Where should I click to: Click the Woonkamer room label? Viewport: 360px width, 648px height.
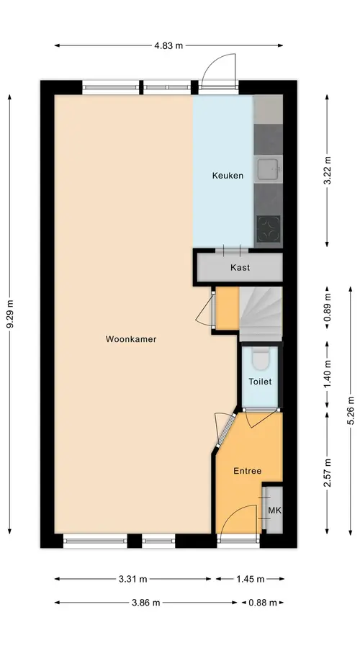(131, 339)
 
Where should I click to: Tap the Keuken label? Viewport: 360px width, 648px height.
(228, 176)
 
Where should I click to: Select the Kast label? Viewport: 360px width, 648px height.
(240, 267)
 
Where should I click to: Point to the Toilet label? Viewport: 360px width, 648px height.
(260, 382)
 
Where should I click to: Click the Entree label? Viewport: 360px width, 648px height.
(248, 471)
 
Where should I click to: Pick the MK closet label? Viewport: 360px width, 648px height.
(274, 510)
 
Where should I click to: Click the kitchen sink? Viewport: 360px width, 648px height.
(269, 169)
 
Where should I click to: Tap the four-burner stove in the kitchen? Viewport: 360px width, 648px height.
(269, 229)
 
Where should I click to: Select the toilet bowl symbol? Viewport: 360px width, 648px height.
(260, 359)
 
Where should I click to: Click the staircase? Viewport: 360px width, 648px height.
(261, 314)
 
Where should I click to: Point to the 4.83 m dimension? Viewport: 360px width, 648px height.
(168, 45)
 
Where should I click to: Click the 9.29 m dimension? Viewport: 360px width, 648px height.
(10, 314)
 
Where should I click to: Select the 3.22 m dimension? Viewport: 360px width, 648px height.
(327, 171)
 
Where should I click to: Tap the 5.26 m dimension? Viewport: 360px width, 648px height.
(351, 411)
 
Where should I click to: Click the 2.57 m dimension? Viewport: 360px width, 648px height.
(327, 473)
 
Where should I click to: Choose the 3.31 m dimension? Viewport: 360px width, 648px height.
(132, 579)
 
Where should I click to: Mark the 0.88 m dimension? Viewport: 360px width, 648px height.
(263, 603)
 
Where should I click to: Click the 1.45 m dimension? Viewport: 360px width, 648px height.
(250, 579)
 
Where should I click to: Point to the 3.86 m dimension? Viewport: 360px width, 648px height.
(146, 603)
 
